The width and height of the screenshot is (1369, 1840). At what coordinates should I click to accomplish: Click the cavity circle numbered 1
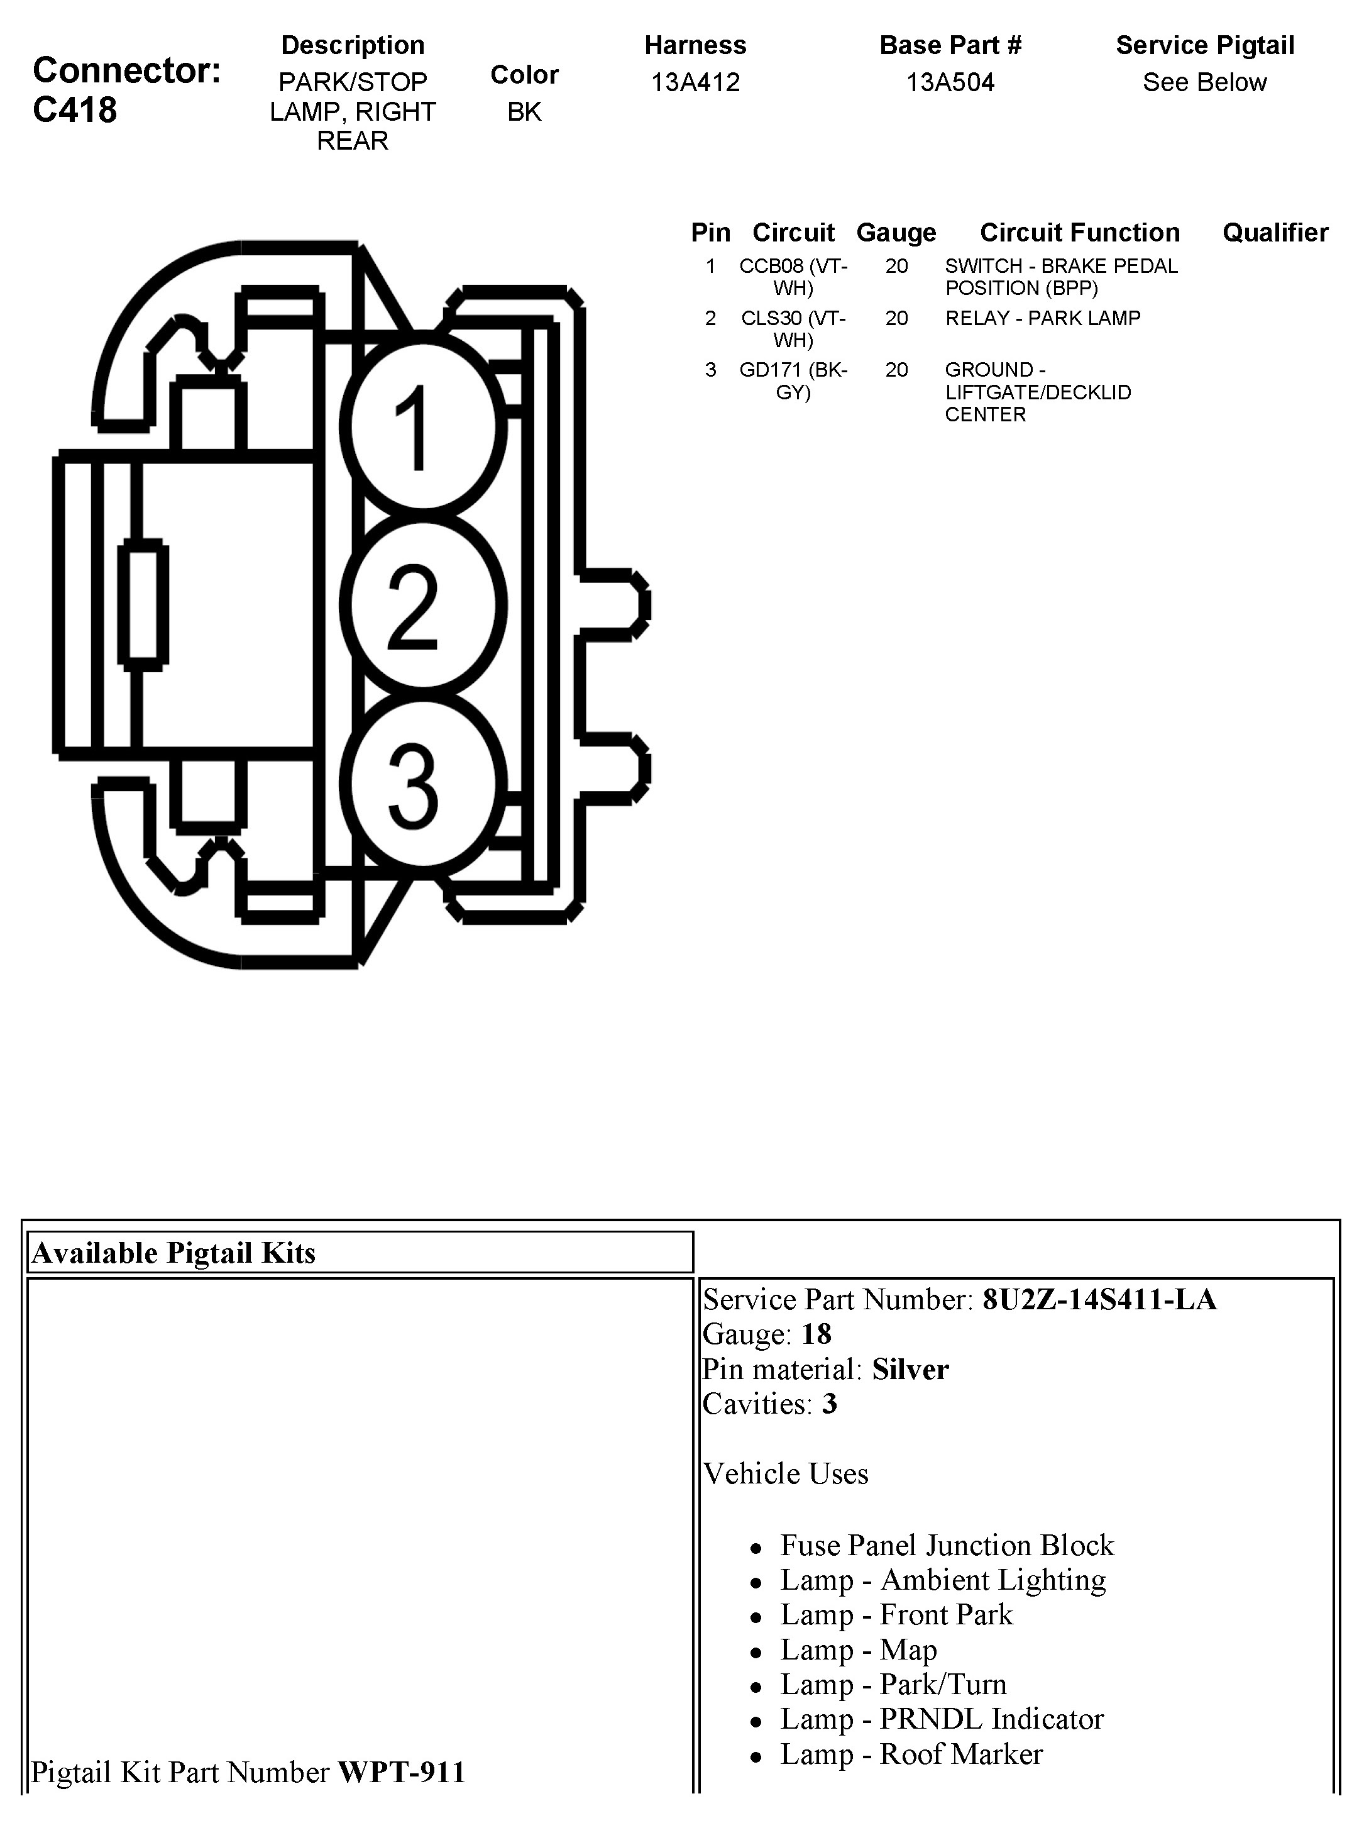pyautogui.click(x=422, y=427)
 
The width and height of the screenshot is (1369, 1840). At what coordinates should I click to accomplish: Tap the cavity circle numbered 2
pyautogui.click(x=422, y=605)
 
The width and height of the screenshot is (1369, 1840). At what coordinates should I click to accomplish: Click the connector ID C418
pyautogui.click(x=75, y=110)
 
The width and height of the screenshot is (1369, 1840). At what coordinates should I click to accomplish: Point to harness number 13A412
pyautogui.click(x=695, y=82)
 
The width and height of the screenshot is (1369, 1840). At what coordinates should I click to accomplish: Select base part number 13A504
pyautogui.click(x=950, y=82)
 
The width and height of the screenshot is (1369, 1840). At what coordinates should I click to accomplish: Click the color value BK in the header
pyautogui.click(x=524, y=112)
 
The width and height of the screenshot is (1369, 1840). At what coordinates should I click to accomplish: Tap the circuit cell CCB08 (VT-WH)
pyautogui.click(x=793, y=277)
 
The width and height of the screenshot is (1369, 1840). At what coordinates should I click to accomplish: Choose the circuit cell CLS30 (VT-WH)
pyautogui.click(x=793, y=329)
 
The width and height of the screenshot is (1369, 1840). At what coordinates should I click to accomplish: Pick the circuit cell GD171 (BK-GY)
pyautogui.click(x=793, y=380)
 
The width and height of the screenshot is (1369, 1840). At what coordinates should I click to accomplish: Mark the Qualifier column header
pyautogui.click(x=1275, y=233)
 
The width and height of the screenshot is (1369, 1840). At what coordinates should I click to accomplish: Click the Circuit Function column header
pyautogui.click(x=1079, y=233)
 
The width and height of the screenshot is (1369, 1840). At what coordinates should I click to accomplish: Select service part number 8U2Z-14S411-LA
pyautogui.click(x=1099, y=1299)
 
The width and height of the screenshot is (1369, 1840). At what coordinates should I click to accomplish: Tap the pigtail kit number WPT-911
pyautogui.click(x=402, y=1772)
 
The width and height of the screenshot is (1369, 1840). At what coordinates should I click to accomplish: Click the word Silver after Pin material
pyautogui.click(x=910, y=1368)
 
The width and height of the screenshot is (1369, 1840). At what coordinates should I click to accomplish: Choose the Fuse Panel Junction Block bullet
pyautogui.click(x=947, y=1545)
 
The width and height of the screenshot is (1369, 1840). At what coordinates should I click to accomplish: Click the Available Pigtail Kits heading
pyautogui.click(x=174, y=1253)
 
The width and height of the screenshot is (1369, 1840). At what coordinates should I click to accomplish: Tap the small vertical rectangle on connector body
pyautogui.click(x=143, y=604)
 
